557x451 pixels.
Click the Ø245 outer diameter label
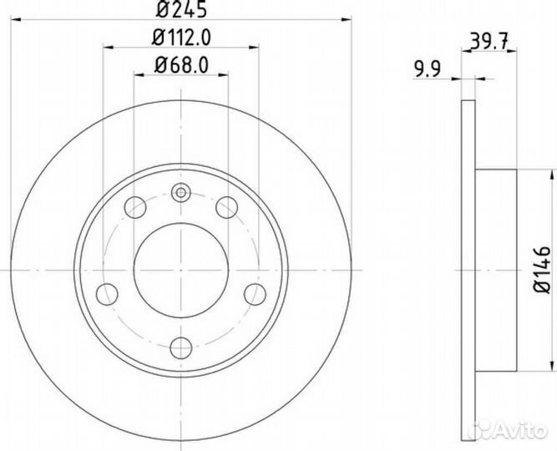click(x=181, y=12)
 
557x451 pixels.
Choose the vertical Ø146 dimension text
click(x=544, y=269)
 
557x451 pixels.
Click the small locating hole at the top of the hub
click(x=181, y=194)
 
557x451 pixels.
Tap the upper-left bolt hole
click(x=134, y=206)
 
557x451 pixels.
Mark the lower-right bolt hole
click(x=254, y=293)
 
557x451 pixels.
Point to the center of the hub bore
click(x=181, y=270)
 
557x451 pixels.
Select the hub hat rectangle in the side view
click(x=496, y=269)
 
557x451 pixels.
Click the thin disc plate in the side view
click(x=469, y=269)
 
